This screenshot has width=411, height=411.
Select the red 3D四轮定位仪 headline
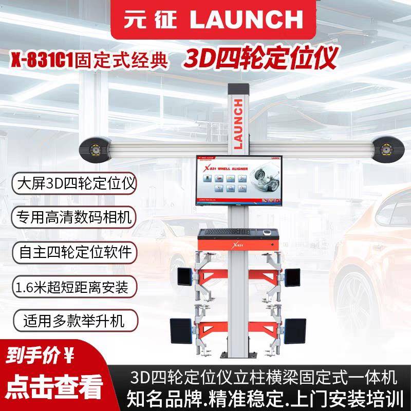point(260,59)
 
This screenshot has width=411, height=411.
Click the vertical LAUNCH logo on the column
point(238,123)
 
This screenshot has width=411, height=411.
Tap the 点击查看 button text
point(52,388)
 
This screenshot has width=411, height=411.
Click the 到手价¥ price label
point(41,355)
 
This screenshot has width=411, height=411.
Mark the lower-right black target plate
point(295,329)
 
